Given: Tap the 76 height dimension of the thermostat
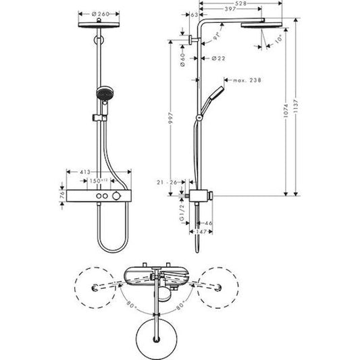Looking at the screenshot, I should (61, 195).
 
